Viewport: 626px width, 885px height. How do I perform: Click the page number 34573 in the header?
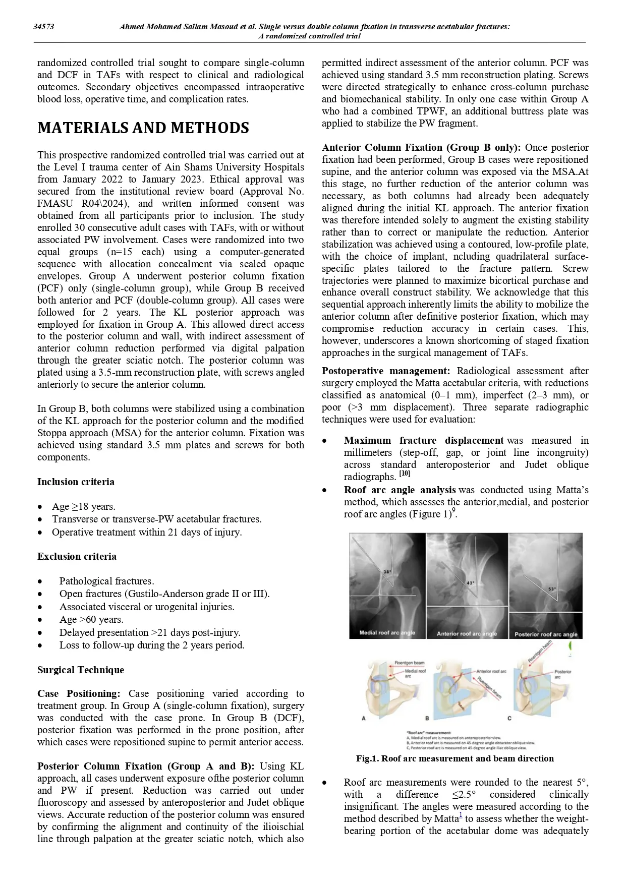coord(44,27)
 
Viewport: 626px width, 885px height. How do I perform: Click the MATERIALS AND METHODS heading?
coord(143,128)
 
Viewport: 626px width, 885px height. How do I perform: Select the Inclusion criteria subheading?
coord(76,482)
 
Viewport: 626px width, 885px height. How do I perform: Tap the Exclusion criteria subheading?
coord(77,556)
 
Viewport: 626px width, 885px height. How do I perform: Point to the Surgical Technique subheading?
coord(81,670)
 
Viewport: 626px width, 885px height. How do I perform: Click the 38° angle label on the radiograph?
coord(387,571)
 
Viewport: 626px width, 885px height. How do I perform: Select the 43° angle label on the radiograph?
coord(471,582)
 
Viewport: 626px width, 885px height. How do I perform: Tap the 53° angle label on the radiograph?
coord(552,589)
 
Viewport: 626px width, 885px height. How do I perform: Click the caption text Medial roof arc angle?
coord(387,632)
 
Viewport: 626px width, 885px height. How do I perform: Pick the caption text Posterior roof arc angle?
coord(546,634)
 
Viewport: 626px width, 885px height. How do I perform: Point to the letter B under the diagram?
coord(427,718)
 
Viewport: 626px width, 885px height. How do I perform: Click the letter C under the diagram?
coord(509,718)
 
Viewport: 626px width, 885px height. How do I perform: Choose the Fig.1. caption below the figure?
coord(454,758)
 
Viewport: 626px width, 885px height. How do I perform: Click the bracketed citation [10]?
coord(405,474)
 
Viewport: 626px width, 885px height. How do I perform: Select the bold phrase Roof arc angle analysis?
coord(400,490)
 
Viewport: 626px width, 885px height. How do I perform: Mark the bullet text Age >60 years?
coord(91,619)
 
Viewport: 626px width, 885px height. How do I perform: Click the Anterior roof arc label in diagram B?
coord(491,671)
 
